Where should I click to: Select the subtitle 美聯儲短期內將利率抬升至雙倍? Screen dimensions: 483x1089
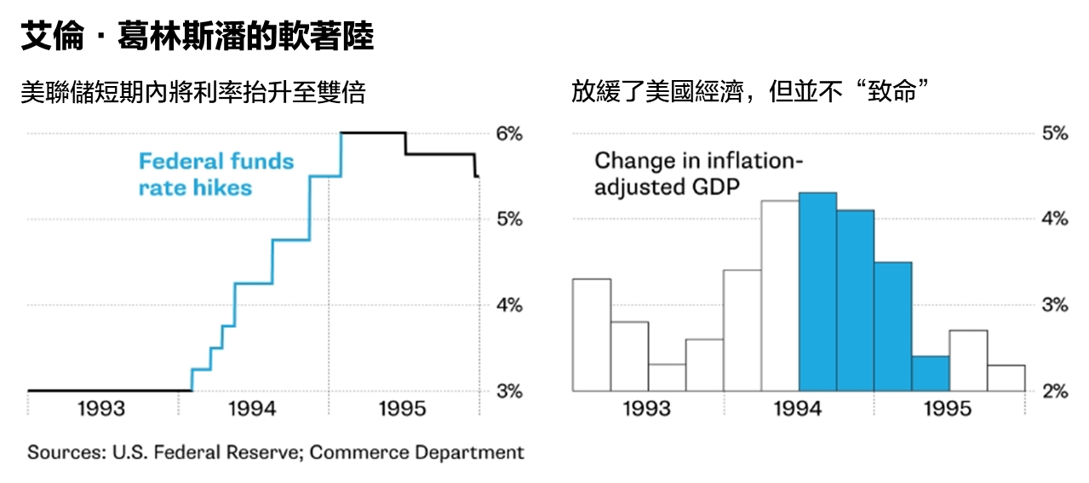click(x=193, y=92)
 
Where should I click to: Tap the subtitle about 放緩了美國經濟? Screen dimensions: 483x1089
click(x=748, y=92)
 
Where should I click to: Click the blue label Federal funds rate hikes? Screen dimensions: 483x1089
click(x=216, y=174)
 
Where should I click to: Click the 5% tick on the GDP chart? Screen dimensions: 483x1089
click(x=1053, y=134)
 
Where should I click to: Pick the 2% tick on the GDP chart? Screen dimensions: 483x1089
click(x=1053, y=391)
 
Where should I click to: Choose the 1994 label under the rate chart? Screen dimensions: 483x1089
click(x=252, y=410)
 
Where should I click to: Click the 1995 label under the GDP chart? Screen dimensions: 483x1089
click(x=947, y=410)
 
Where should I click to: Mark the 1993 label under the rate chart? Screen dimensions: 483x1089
click(x=101, y=410)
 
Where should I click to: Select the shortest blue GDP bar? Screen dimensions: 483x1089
click(x=931, y=374)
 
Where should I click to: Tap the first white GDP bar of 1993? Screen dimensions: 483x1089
click(x=592, y=335)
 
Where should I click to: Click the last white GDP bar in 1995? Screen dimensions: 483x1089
click(x=1006, y=378)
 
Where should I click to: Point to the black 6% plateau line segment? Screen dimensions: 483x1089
click(x=373, y=133)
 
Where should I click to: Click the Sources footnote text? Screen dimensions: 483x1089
click(x=276, y=452)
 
